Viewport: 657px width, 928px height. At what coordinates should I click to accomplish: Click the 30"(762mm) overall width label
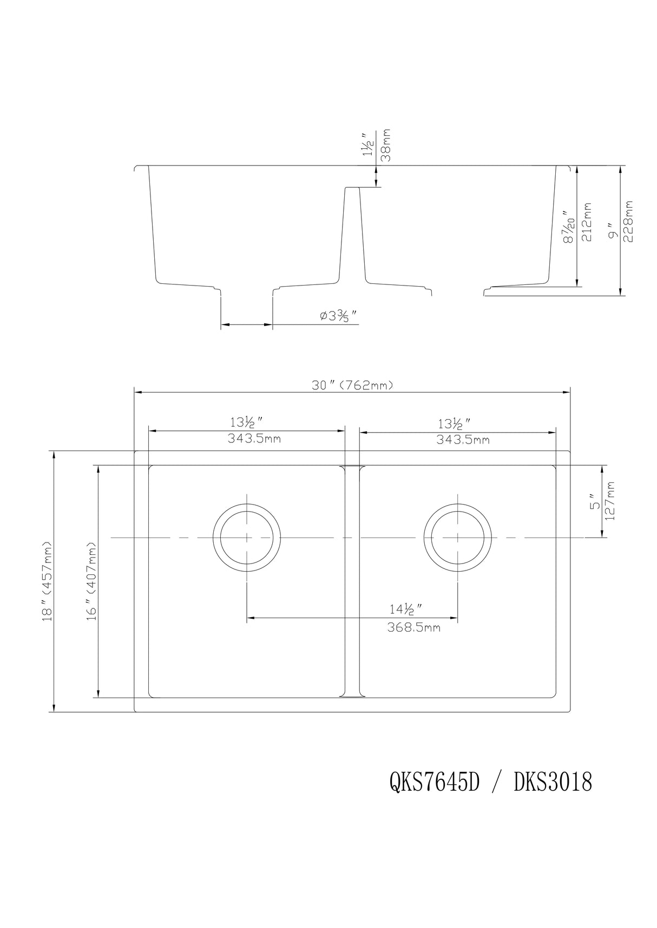pos(352,385)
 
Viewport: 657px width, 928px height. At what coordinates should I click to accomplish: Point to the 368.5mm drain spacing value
pos(413,628)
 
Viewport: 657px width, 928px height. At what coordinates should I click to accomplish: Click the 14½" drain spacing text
pos(405,609)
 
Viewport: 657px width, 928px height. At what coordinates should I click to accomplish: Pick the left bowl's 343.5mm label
pos(254,439)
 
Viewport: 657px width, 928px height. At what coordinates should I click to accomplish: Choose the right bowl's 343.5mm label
pos(463,440)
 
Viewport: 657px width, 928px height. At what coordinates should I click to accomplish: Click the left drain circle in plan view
pos(247,538)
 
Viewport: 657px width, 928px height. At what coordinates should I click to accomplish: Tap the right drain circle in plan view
pos(458,538)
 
